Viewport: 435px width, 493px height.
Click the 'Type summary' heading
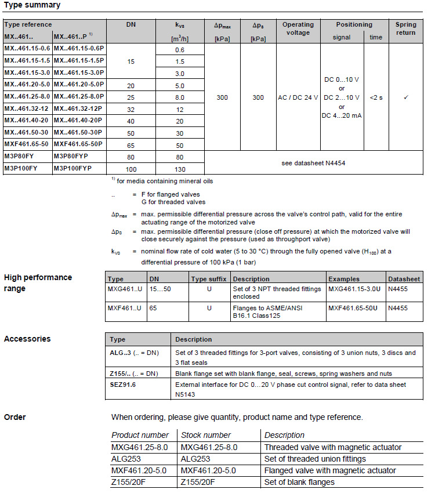32,5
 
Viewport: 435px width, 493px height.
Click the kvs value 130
180,169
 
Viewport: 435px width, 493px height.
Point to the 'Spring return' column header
405,28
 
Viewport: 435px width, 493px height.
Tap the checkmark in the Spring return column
405,97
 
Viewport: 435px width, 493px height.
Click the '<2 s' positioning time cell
376,97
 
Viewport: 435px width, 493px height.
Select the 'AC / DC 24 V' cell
298,97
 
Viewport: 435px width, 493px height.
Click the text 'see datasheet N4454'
313,163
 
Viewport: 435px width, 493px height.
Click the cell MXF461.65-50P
78,145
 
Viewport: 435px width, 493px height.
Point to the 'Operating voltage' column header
298,28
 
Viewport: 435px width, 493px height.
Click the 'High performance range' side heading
38,282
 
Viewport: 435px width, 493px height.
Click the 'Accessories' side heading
27,339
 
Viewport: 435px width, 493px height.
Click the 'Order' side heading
15,417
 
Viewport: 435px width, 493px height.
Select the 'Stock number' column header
206,435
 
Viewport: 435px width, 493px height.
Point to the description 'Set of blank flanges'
299,482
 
